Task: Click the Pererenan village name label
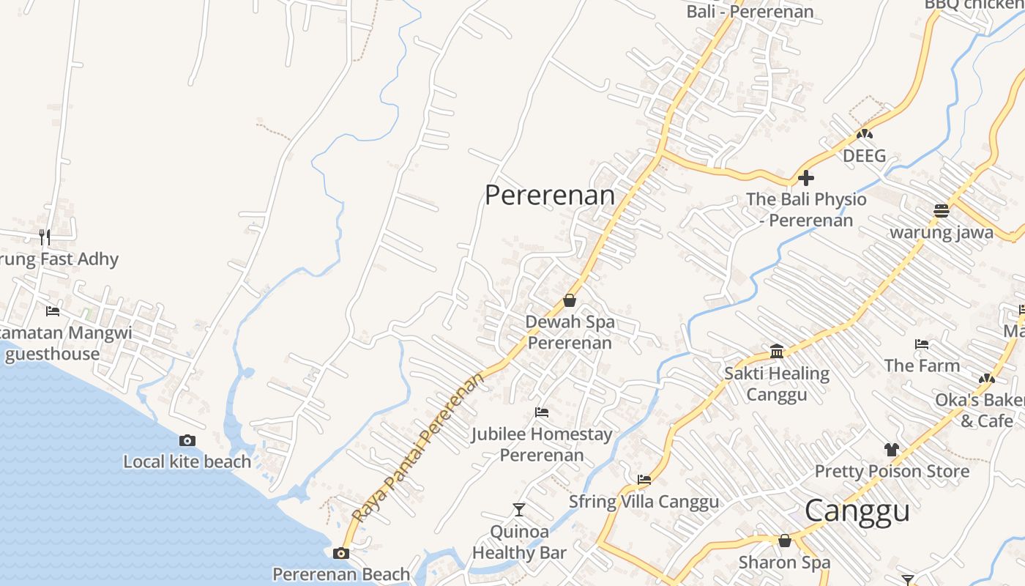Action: [x=550, y=195]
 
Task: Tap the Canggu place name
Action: [x=857, y=511]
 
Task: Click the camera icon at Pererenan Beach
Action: [x=341, y=553]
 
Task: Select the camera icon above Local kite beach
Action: [x=187, y=440]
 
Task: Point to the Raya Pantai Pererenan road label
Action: [x=419, y=448]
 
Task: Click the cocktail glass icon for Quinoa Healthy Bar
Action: [x=519, y=509]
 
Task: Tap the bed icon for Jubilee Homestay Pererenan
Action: [x=542, y=412]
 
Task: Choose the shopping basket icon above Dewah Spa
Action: [x=570, y=300]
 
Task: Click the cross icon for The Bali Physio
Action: [x=806, y=178]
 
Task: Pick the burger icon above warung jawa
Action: [x=942, y=211]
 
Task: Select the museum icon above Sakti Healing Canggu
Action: [x=777, y=352]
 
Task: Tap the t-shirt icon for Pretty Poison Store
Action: [x=891, y=449]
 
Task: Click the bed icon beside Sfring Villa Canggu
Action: [x=644, y=480]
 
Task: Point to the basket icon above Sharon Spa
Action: [x=785, y=541]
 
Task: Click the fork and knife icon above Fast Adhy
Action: [x=45, y=237]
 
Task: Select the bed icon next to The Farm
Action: [x=922, y=344]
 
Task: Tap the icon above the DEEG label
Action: [x=865, y=134]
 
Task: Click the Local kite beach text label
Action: [x=187, y=461]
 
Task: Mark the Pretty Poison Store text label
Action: [x=892, y=471]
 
